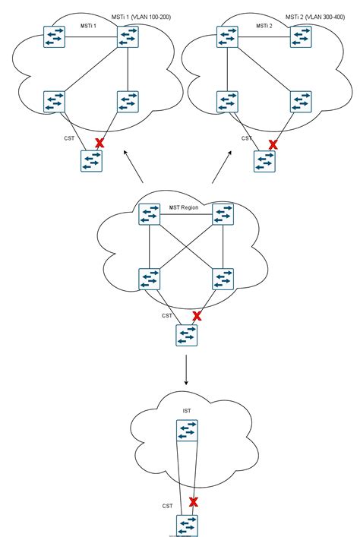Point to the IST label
(x=187, y=411)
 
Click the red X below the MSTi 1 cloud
(x=99, y=143)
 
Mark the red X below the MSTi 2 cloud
(x=272, y=143)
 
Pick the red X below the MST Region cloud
(x=197, y=315)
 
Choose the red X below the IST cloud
(x=194, y=501)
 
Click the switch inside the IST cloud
(x=187, y=432)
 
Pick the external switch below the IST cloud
(x=186, y=525)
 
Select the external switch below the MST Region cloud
(x=186, y=335)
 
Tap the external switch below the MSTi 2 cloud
(x=264, y=161)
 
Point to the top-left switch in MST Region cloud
(x=150, y=214)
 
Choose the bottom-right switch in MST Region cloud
(x=223, y=279)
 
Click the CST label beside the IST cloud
(x=168, y=505)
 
